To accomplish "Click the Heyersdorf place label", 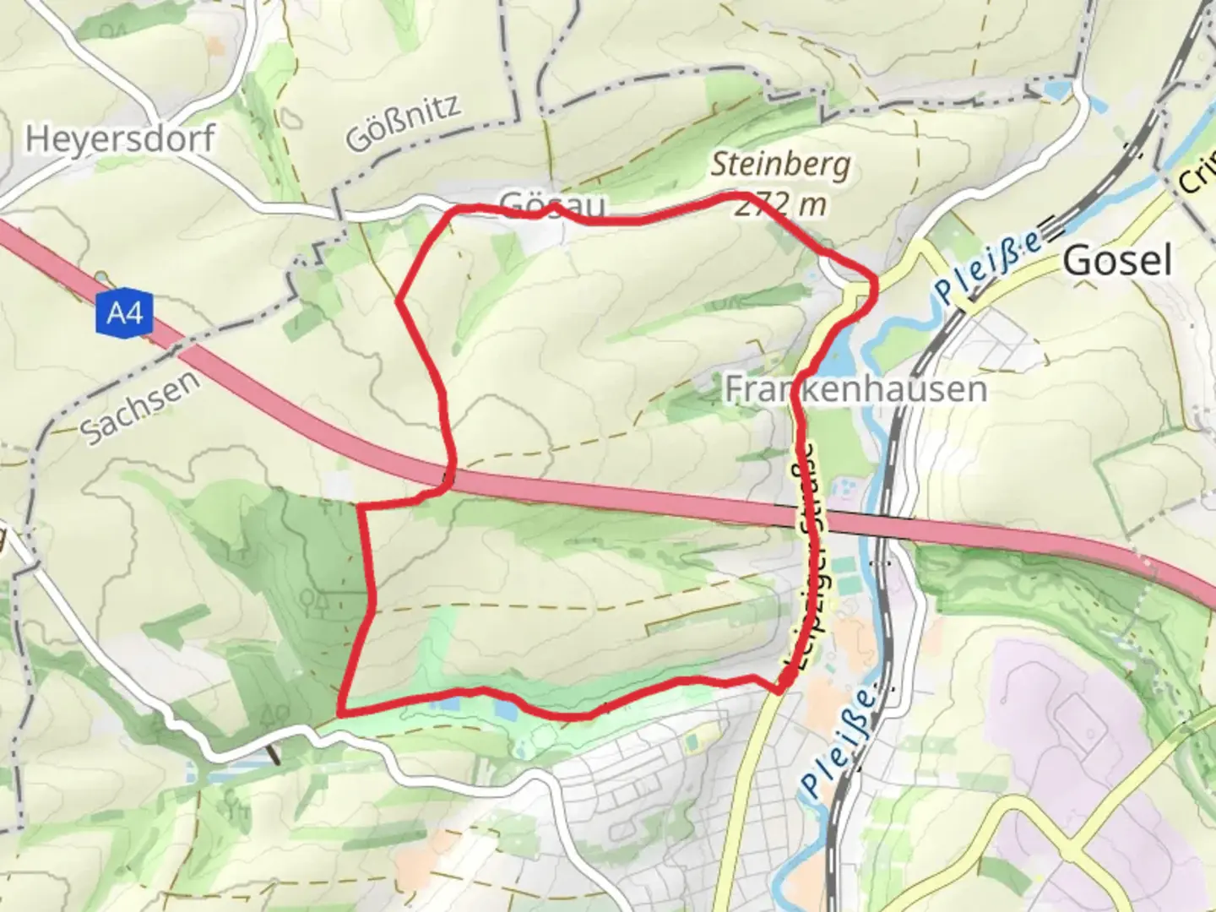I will (119, 138).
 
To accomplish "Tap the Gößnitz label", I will (404, 122).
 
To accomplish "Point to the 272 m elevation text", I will (779, 204).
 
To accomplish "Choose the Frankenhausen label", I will (855, 388).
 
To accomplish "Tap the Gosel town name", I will (1116, 261).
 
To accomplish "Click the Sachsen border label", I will (141, 407).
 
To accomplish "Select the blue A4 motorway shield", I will (125, 314).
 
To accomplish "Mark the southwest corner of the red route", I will (340, 714).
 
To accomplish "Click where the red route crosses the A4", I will (449, 478).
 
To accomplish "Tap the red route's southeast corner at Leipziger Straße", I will (779, 692).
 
